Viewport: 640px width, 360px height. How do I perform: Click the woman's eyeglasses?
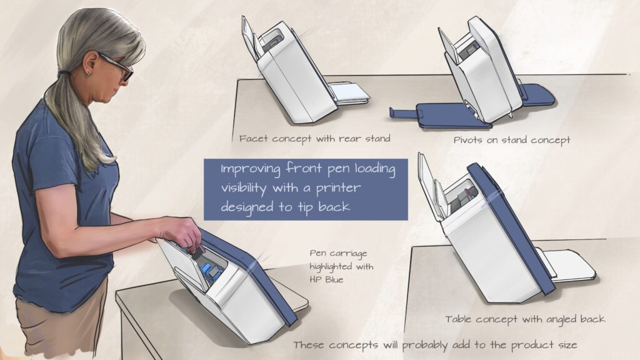point(116,67)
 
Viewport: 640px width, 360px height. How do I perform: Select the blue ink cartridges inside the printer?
point(210,272)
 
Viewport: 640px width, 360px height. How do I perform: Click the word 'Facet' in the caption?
point(254,139)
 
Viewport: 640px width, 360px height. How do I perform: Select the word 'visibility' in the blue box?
point(243,188)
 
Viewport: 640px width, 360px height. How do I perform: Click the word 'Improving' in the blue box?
point(251,169)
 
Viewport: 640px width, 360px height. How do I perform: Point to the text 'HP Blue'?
point(326,280)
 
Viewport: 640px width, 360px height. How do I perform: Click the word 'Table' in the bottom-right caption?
point(459,319)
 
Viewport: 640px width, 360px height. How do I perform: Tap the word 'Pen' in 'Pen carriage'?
point(317,254)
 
